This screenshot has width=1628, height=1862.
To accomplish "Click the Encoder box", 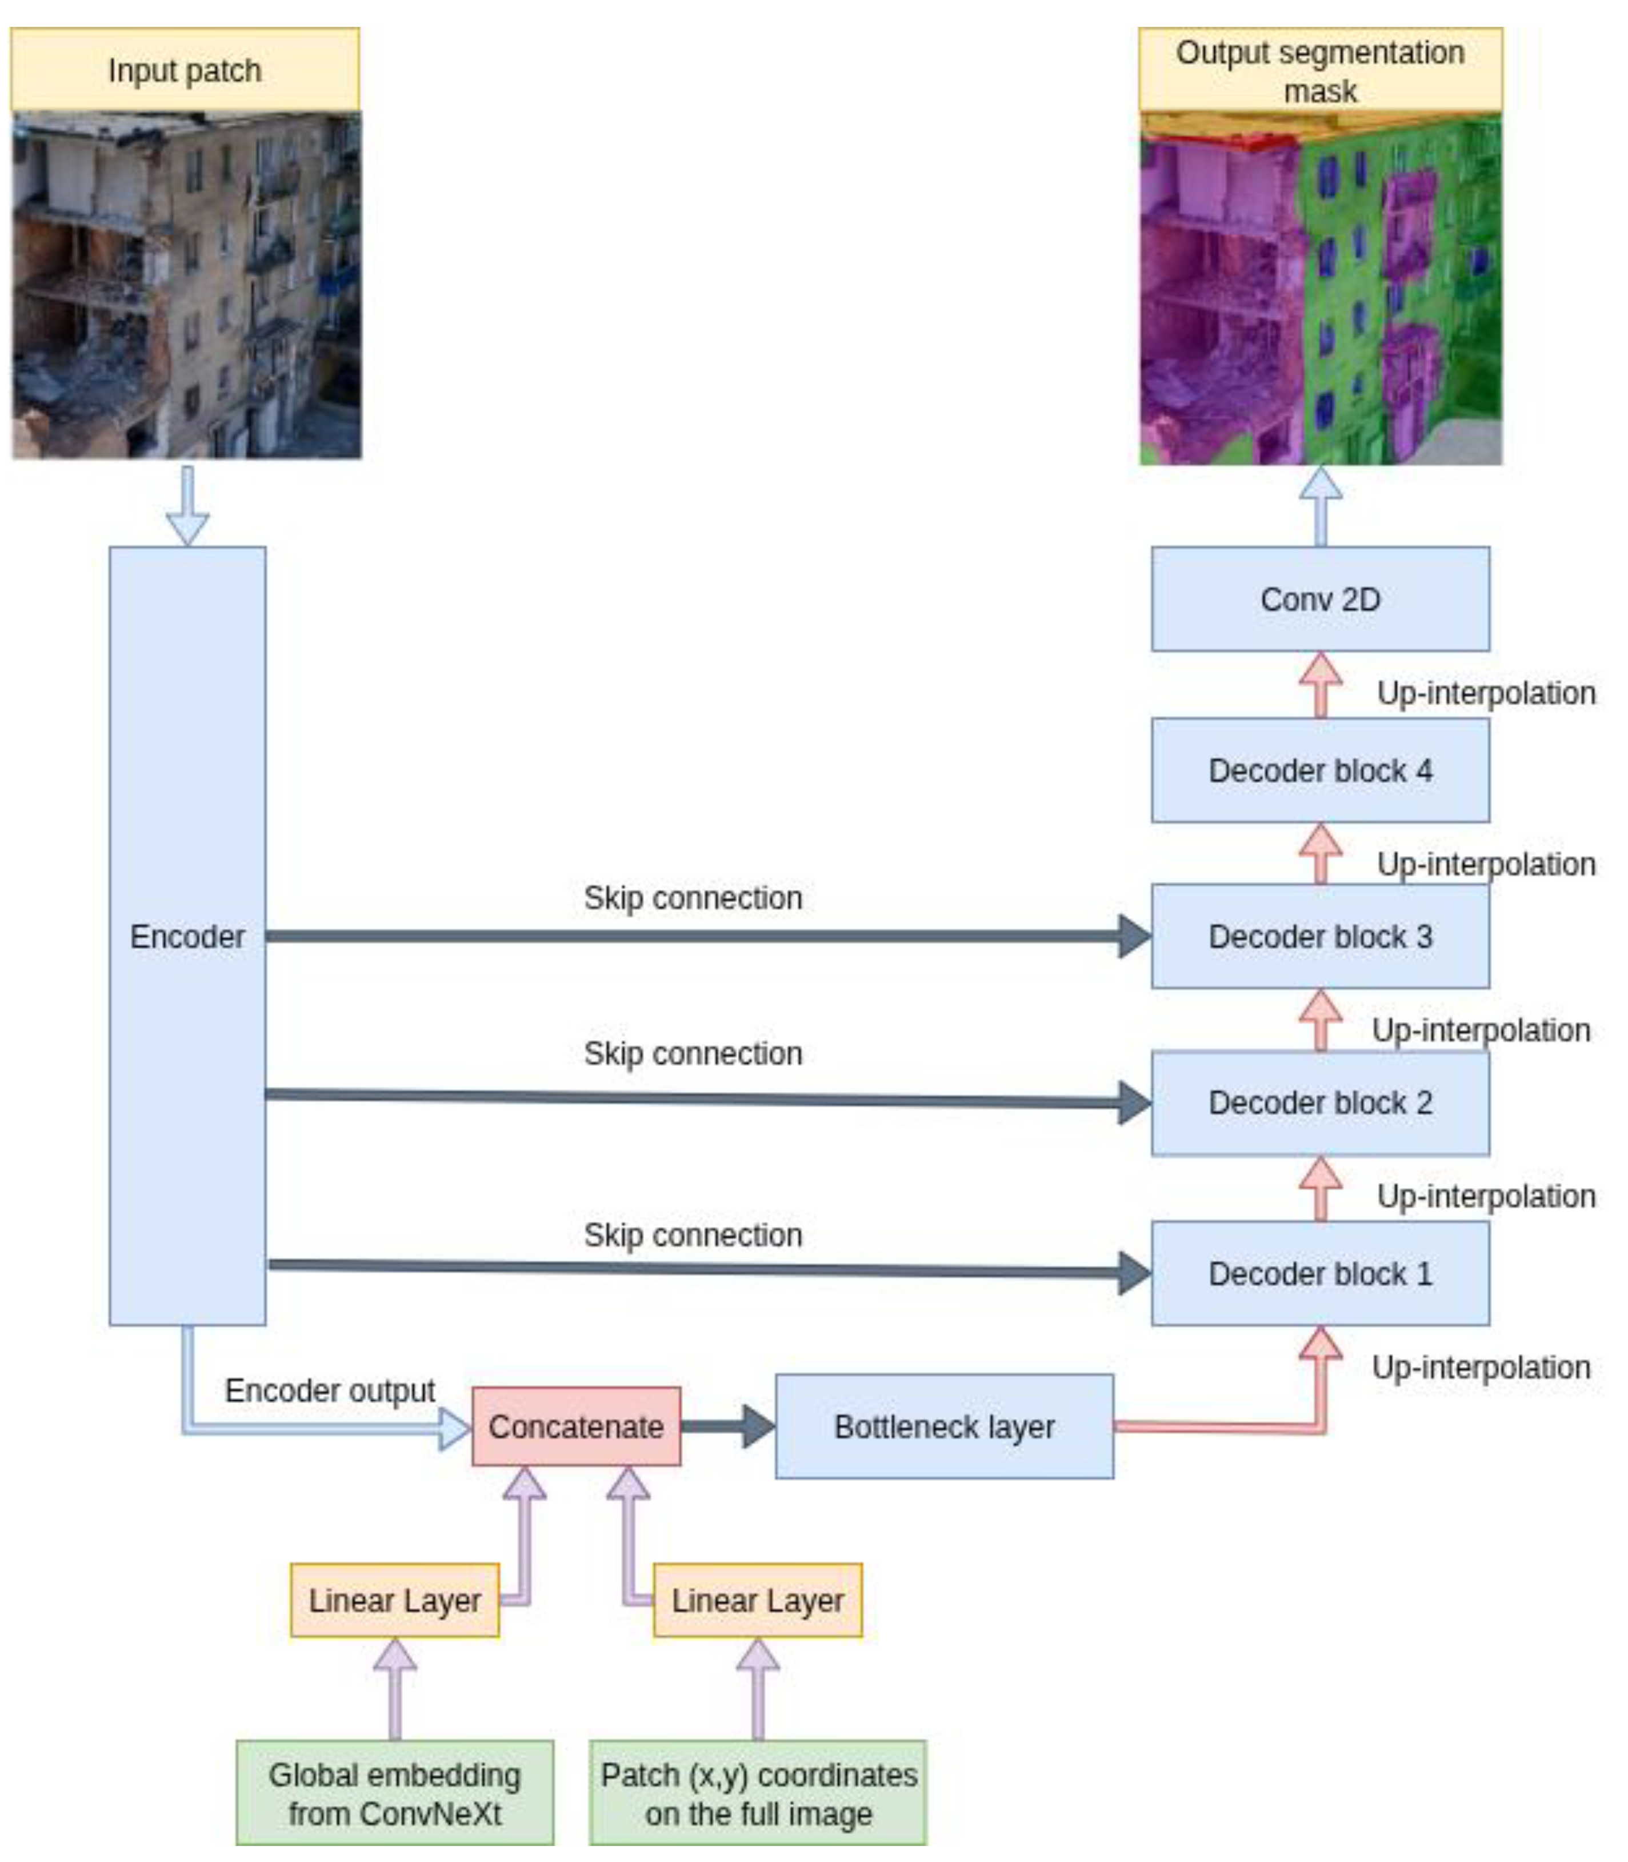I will point(187,936).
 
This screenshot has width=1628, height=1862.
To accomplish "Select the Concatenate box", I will point(576,1427).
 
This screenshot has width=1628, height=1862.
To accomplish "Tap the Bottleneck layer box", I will point(944,1427).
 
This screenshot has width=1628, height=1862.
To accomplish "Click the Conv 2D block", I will point(1320,600).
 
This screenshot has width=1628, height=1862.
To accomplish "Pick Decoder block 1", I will point(1320,1273).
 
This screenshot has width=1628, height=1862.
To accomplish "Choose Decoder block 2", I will point(1320,1102).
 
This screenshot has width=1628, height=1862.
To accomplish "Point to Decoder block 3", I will point(1320,936).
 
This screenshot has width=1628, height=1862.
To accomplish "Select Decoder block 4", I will point(1320,770).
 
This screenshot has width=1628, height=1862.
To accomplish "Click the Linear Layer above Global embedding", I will point(394,1600).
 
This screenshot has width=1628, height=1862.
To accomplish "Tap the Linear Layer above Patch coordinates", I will point(758,1600).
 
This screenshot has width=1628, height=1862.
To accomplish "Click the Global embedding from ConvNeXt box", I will point(394,1793).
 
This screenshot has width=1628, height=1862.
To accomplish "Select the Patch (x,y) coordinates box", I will point(758,1793).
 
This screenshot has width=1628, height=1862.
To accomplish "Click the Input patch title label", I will point(185,70).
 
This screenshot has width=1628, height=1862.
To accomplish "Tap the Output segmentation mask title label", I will point(1320,71).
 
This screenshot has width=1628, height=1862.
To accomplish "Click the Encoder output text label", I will point(330,1390).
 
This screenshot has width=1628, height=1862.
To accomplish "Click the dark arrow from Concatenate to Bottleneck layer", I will point(727,1427).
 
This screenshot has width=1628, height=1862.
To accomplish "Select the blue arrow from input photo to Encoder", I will point(187,506).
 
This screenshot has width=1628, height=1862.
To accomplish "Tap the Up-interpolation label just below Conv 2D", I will point(1485,693).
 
